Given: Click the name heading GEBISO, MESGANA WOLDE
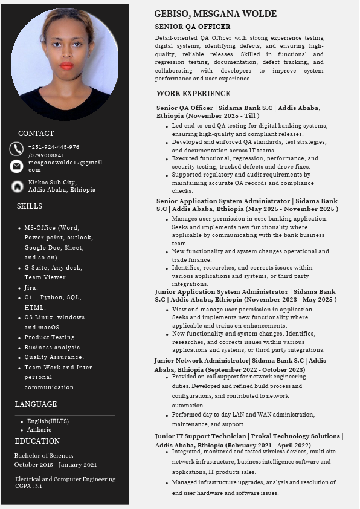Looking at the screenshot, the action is tap(215, 14).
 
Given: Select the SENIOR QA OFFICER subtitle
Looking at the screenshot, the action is tap(192, 27).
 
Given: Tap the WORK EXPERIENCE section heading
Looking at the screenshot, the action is tap(193, 94).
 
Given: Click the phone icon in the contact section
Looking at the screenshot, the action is tap(16, 149).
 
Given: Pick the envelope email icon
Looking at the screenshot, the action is tap(16, 166).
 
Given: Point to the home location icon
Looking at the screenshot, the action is tap(17, 186).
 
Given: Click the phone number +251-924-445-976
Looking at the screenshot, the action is tap(53, 147).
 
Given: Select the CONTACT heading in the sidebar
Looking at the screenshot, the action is tap(36, 134).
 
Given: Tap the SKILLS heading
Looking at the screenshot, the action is tap(30, 206).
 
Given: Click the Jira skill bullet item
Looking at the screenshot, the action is tap(31, 288).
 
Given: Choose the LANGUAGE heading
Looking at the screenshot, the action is tap(36, 404).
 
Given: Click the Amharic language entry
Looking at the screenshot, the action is tap(39, 429).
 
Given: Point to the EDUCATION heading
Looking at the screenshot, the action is tap(37, 441).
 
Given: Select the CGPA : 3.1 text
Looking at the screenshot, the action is tap(28, 485).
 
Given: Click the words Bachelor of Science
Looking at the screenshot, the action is tap(43, 455).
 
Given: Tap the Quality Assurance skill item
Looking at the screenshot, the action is tap(54, 357).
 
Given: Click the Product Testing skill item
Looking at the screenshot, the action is tap(50, 337).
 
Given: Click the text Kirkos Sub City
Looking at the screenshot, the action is tap(53, 182).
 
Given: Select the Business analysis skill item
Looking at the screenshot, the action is tap(53, 348).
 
